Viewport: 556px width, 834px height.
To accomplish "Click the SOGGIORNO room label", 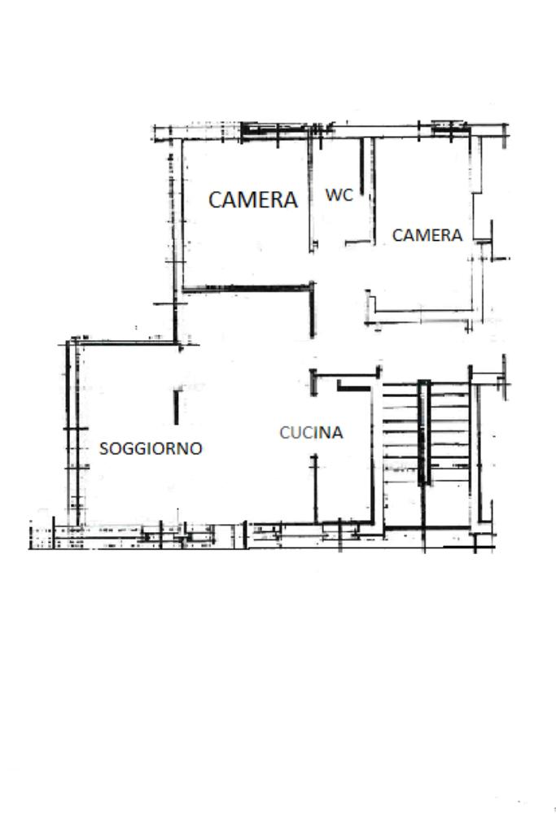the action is (151, 448).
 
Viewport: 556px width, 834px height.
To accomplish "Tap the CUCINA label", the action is (311, 432).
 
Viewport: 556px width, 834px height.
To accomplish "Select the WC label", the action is (339, 194).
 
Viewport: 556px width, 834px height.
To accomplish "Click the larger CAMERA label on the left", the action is (252, 199).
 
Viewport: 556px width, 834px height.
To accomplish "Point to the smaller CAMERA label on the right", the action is (427, 235).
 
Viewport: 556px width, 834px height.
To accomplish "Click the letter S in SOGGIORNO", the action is (104, 448).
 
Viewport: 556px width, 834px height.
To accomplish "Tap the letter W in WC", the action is (333, 194).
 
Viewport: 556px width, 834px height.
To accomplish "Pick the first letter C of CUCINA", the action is (285, 432).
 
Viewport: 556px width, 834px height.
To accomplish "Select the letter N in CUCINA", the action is (324, 432).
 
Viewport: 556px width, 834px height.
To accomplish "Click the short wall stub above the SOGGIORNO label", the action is (177, 408).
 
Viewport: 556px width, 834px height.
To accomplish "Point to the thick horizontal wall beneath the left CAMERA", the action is (247, 289).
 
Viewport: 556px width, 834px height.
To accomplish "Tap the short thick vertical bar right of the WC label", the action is (362, 167).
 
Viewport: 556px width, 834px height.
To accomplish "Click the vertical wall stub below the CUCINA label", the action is (315, 489).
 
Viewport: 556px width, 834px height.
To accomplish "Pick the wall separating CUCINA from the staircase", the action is (373, 455).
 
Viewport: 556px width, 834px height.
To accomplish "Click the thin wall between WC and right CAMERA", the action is (374, 191).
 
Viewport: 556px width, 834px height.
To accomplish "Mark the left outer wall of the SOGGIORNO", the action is (69, 434).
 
